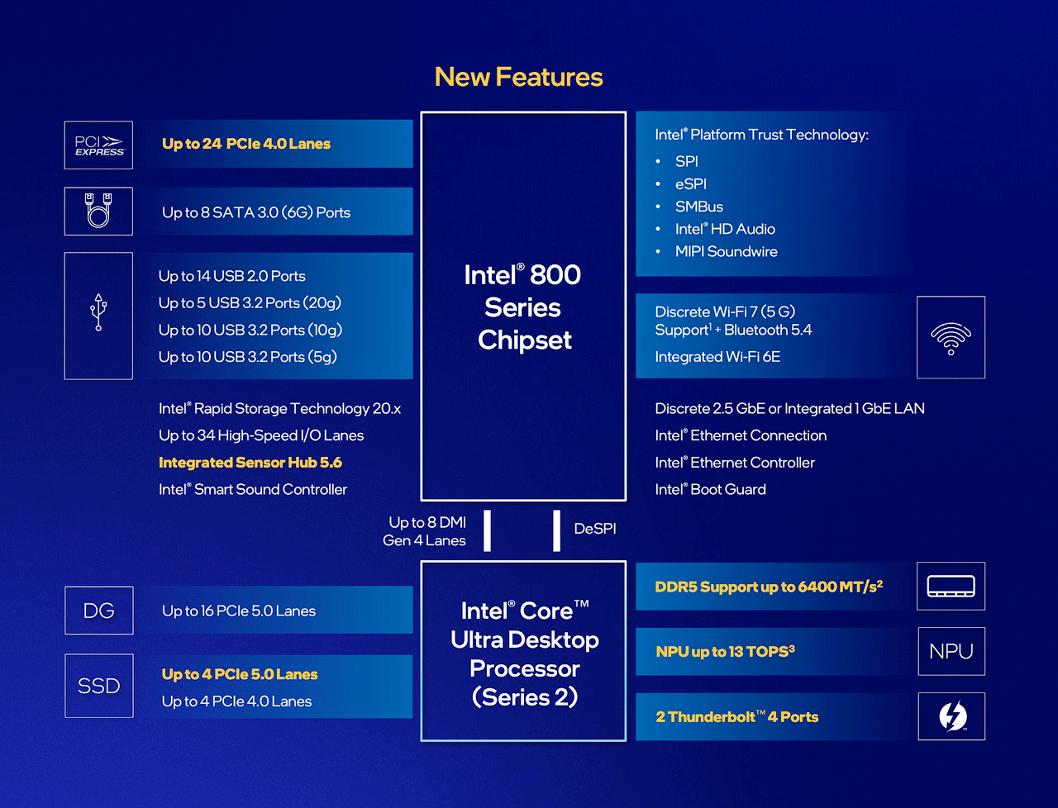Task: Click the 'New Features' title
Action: pos(518,77)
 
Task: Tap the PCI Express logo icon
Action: pos(98,145)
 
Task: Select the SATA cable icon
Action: pos(98,211)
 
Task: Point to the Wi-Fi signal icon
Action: pos(951,337)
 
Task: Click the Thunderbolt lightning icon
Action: pos(952,716)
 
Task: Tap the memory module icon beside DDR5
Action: pos(951,587)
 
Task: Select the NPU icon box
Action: pos(951,651)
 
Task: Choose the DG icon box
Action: pos(99,611)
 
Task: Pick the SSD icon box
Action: pos(99,686)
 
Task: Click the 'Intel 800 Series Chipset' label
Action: pos(522,307)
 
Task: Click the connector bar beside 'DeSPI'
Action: pos(557,530)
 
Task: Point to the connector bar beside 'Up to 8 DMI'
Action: pos(488,530)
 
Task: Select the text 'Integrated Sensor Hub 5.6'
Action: pos(250,463)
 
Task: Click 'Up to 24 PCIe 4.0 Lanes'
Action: pos(246,144)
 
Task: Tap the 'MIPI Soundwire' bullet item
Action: pos(726,251)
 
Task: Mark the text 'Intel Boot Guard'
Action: pos(710,489)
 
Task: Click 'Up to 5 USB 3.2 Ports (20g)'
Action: pos(250,303)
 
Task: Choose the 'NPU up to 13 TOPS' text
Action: pos(725,651)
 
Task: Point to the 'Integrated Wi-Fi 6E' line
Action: pos(717,357)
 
